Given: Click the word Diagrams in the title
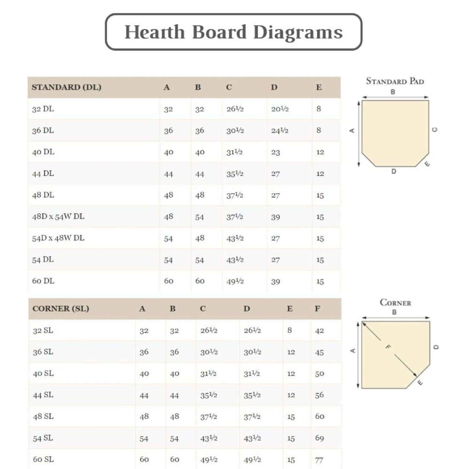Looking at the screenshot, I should pos(298,32).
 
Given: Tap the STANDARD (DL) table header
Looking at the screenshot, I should pos(66,87).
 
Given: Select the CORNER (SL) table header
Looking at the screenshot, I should pos(61,308).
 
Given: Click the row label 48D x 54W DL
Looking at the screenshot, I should pos(58,217).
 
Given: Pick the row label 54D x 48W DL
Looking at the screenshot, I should pos(58,238).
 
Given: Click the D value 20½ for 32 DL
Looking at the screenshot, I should pos(280,109).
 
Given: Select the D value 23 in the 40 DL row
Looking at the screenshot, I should pos(276,152).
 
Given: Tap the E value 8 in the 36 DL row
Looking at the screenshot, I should pos(319,130).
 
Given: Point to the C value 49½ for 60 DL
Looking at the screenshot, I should pos(235,281).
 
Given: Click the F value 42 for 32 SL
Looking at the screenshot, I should pos(319,331).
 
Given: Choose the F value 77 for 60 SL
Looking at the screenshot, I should pos(319,460).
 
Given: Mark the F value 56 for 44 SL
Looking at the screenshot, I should pos(319,395).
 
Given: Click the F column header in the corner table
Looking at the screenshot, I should pos(317,308).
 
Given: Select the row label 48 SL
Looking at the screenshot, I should pos(43,416).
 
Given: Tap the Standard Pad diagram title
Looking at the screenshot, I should pos(395,81).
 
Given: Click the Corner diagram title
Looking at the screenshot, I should pos(395,303).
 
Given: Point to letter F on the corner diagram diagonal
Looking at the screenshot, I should pos(388,347).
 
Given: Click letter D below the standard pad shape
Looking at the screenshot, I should pos(394,171).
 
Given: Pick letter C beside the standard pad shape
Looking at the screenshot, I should pos(434,130).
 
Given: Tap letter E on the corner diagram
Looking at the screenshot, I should pos(420,382).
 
